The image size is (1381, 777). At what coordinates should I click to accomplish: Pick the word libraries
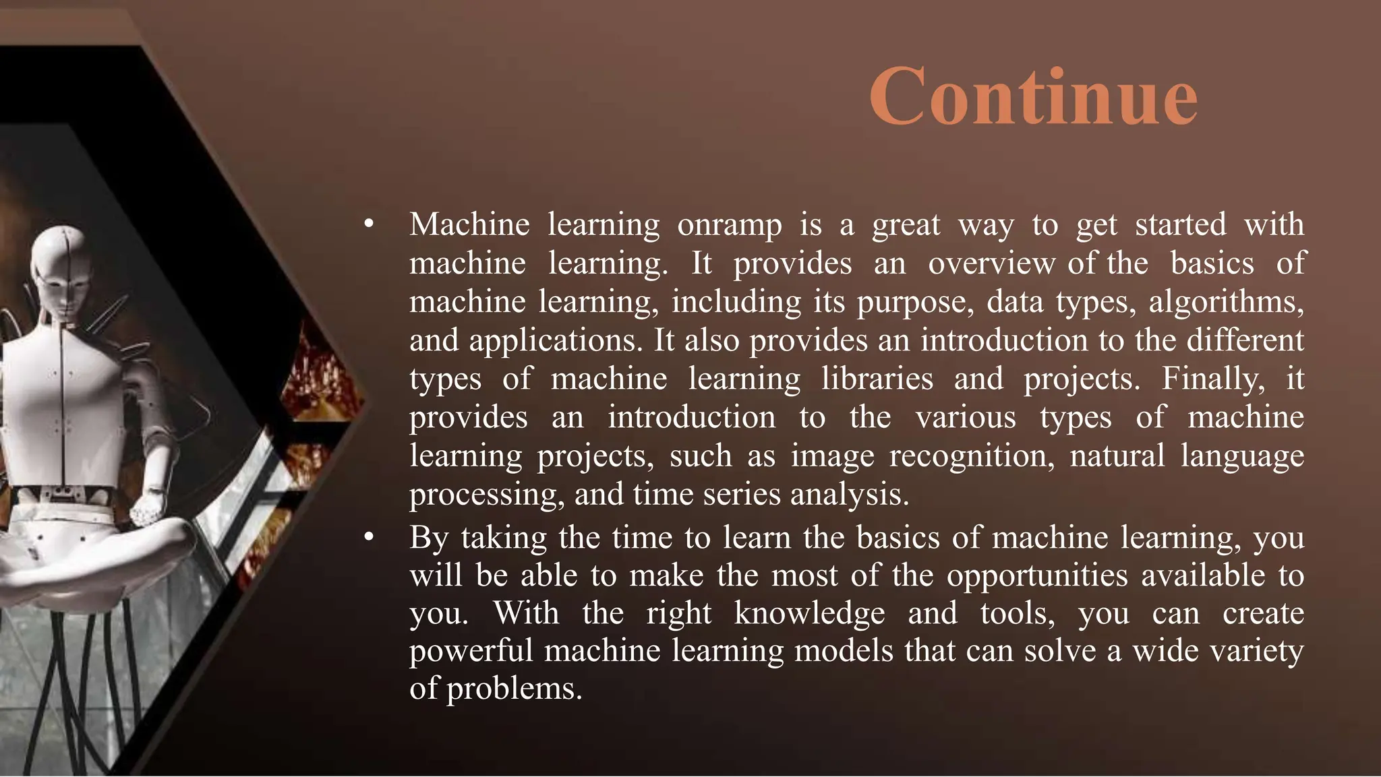877,379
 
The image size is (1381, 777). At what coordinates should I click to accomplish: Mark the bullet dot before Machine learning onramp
368,224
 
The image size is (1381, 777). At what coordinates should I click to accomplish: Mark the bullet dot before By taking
368,538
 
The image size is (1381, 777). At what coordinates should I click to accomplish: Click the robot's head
64,270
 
